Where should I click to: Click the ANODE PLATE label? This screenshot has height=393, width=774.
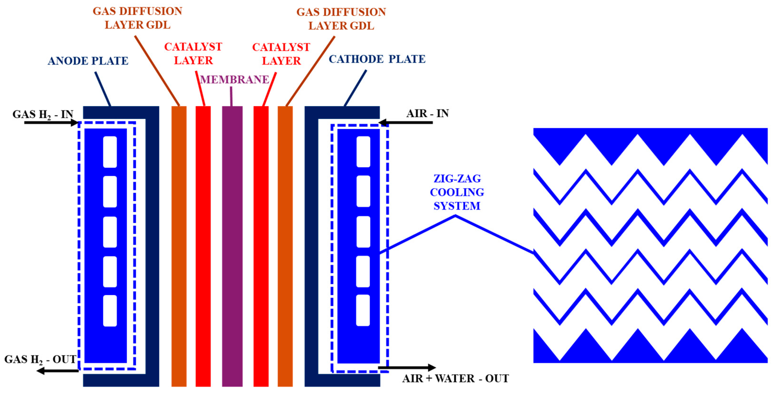(88, 61)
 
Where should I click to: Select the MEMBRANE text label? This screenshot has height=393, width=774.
(234, 80)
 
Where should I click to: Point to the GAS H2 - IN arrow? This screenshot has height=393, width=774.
(51, 123)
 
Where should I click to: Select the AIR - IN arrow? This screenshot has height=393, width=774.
(406, 122)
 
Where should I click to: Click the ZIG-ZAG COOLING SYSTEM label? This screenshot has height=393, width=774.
(457, 192)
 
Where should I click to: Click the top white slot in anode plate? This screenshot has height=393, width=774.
(110, 152)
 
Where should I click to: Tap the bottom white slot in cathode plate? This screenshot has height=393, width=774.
(363, 310)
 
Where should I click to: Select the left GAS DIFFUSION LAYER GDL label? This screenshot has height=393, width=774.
(137, 18)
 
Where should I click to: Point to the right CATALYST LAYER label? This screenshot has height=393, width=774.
(281, 54)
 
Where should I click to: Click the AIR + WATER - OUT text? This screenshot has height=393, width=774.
(455, 378)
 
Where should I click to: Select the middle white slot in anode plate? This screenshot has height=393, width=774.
(110, 232)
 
